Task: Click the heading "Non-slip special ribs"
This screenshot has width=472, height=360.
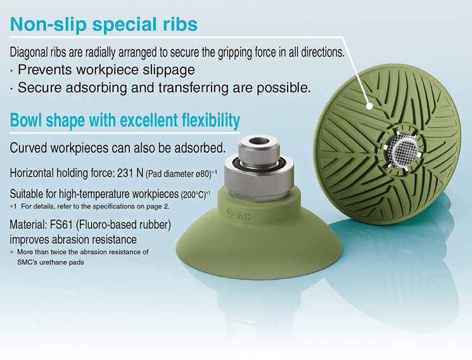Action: click(104, 24)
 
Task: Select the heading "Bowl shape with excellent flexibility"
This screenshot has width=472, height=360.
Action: click(125, 120)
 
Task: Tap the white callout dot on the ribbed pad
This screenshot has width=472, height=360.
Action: click(369, 106)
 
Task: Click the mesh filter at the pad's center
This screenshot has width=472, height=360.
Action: click(402, 149)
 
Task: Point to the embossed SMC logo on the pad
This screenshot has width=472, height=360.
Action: click(238, 214)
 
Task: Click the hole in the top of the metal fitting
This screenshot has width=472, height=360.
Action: click(259, 141)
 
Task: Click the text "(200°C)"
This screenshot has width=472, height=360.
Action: click(193, 195)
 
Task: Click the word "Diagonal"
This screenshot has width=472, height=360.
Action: click(29, 53)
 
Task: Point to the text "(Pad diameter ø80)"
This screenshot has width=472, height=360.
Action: click(179, 174)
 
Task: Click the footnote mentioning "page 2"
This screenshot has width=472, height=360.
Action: click(90, 207)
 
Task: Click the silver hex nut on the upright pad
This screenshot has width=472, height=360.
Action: click(259, 177)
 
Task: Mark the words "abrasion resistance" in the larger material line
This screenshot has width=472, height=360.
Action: click(94, 240)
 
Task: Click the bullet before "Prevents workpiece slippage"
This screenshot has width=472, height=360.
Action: click(11, 72)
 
